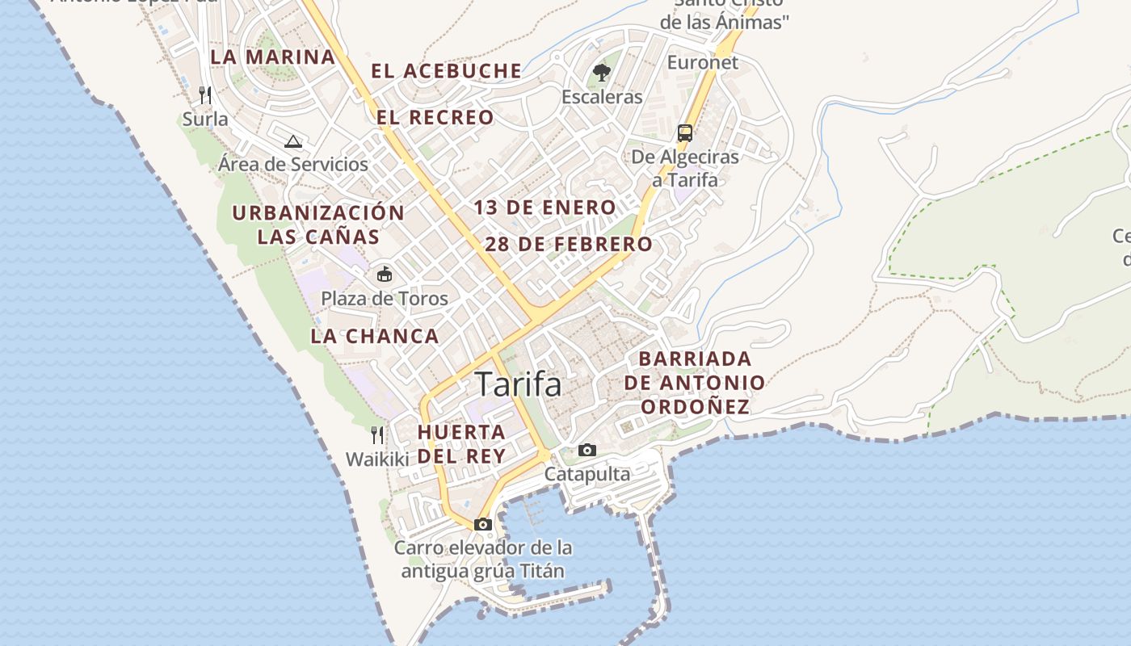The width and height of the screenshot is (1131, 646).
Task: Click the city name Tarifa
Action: (518, 384)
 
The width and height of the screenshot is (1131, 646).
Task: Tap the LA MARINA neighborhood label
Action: (272, 57)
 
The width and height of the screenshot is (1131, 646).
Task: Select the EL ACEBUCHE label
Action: (446, 71)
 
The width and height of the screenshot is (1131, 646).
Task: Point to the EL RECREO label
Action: (435, 118)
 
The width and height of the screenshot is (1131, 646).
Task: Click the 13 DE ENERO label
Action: (544, 208)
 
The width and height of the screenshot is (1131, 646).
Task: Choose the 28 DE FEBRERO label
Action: (569, 244)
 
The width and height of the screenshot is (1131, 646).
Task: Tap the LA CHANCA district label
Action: (375, 336)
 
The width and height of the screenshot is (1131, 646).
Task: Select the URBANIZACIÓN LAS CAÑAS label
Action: (318, 224)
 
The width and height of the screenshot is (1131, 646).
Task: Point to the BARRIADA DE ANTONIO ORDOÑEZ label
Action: (695, 383)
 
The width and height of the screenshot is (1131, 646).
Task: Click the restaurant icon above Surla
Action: (205, 95)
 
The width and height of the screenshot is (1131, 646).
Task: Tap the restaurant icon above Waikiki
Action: (376, 435)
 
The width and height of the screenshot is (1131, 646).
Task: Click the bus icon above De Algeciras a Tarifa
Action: (685, 133)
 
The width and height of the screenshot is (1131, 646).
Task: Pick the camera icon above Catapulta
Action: (587, 450)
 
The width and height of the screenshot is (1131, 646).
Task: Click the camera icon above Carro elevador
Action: (483, 524)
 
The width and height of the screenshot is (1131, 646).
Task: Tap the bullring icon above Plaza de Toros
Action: (385, 275)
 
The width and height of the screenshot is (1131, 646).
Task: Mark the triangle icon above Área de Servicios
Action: (293, 141)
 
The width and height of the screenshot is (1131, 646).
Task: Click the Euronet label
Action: (702, 62)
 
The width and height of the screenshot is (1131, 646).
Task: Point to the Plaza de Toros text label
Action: (385, 299)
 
